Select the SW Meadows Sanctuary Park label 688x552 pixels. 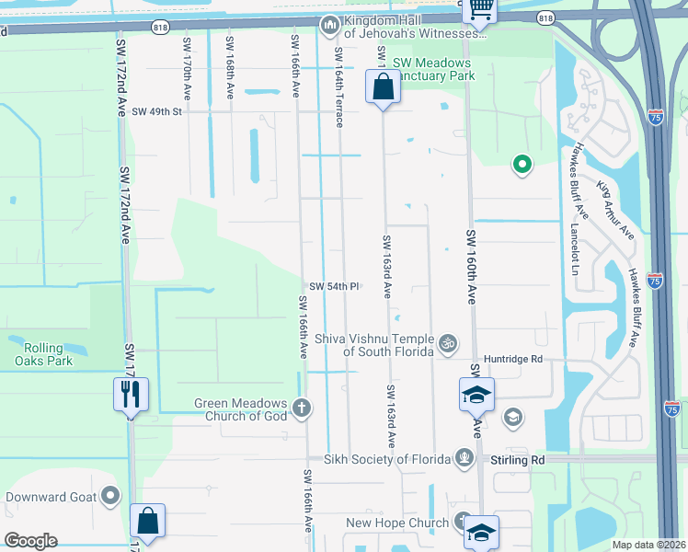coord(432,69)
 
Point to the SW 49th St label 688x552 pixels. coord(157,111)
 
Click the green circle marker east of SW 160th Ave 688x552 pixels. coord(522,166)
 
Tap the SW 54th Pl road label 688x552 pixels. coord(333,286)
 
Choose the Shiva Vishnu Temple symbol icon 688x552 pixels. coord(448,343)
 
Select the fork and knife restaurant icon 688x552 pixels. coord(130,395)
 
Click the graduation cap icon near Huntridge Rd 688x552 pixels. coord(476,395)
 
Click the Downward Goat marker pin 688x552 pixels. coord(110,498)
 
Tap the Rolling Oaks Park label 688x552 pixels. coord(39,354)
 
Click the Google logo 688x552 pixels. coord(30,541)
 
